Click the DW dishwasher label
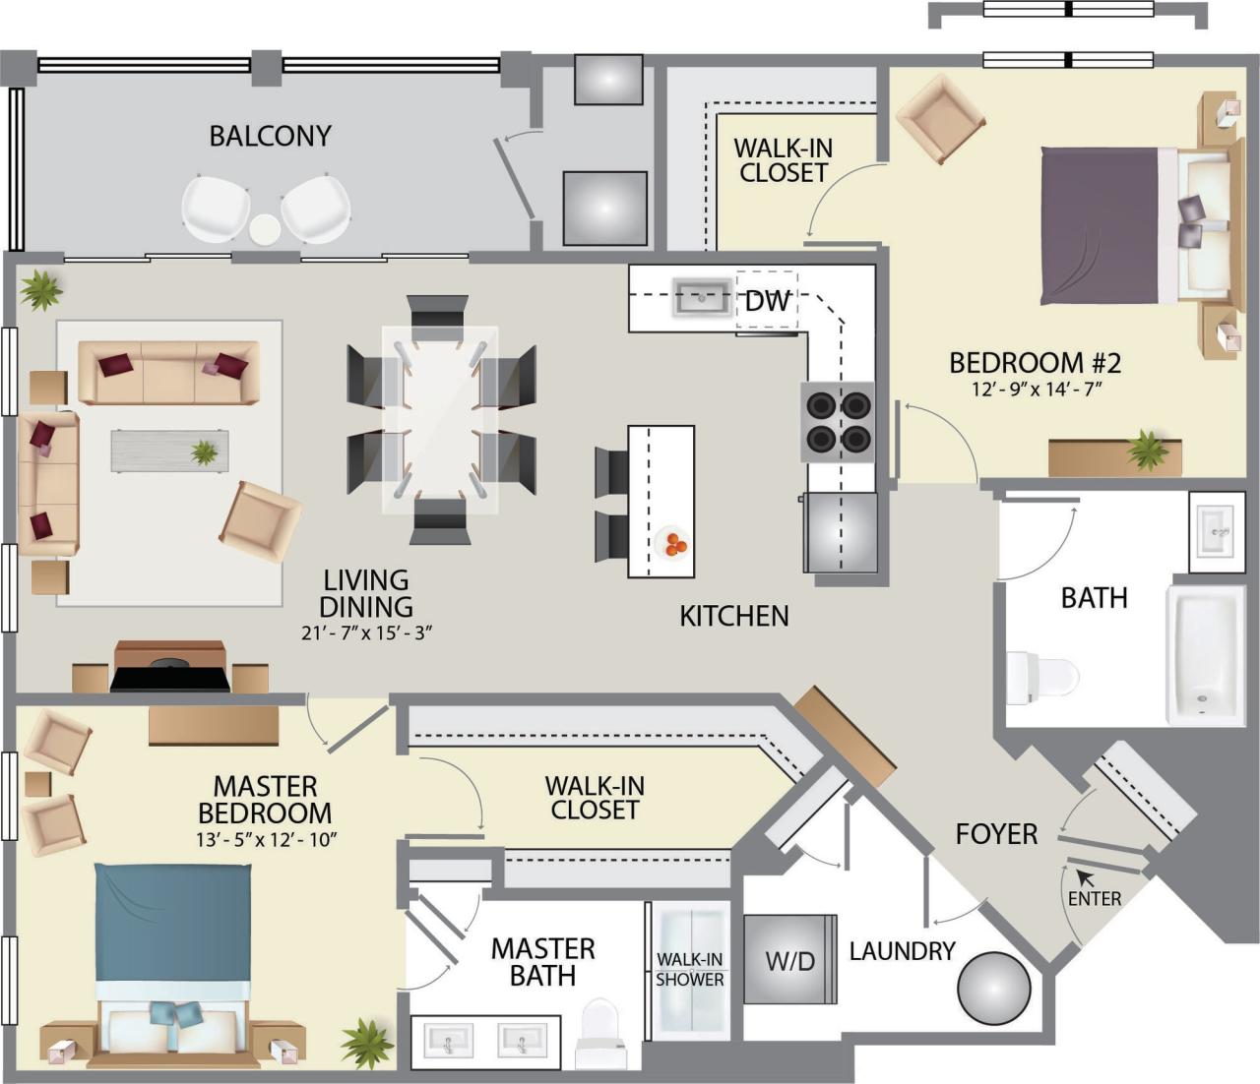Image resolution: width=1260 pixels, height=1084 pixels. point(767,301)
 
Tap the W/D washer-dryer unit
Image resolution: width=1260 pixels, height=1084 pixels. point(790,960)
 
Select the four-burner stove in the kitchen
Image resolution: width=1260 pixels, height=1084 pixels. point(838,421)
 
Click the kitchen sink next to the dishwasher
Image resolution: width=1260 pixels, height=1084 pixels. point(702,297)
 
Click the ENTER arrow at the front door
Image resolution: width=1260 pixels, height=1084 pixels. point(1085,875)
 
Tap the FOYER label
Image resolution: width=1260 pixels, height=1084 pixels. point(996,834)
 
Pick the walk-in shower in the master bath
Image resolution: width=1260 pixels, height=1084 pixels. point(691,969)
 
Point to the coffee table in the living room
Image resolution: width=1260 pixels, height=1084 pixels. point(169,452)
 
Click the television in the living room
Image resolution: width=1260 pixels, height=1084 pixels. point(169,679)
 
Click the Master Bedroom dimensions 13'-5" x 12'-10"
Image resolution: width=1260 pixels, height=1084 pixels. point(266,840)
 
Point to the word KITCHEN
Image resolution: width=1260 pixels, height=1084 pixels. point(734,616)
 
